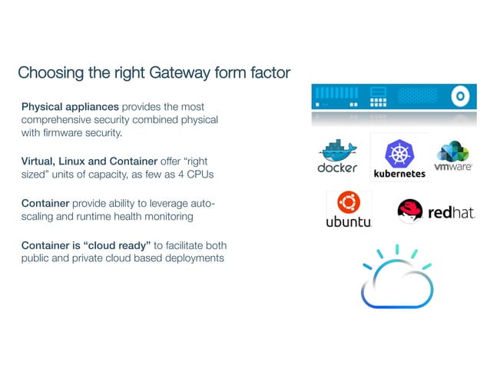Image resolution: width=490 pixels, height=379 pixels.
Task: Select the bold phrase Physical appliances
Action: coord(70,106)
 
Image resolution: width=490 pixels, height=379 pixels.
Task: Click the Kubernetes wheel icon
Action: coord(399,153)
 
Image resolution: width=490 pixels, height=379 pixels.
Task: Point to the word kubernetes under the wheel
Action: coord(399,174)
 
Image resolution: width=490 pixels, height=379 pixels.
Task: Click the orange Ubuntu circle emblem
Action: coord(349,203)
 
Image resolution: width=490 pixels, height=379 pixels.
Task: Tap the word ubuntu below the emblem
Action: coord(349,222)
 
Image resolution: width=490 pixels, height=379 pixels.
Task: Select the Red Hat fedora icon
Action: coord(411,210)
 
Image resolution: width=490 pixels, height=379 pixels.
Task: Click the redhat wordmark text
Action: coord(452,212)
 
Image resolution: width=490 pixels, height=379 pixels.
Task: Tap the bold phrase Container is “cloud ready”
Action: coord(86,245)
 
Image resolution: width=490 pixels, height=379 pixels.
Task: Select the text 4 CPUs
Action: coord(194,175)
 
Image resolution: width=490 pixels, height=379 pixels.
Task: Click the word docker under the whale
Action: coord(337,168)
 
